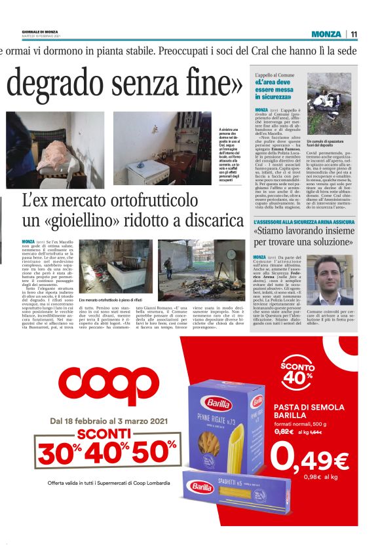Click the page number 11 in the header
pos(354,34)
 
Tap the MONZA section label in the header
pos(326,34)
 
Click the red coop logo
pos(109,385)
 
